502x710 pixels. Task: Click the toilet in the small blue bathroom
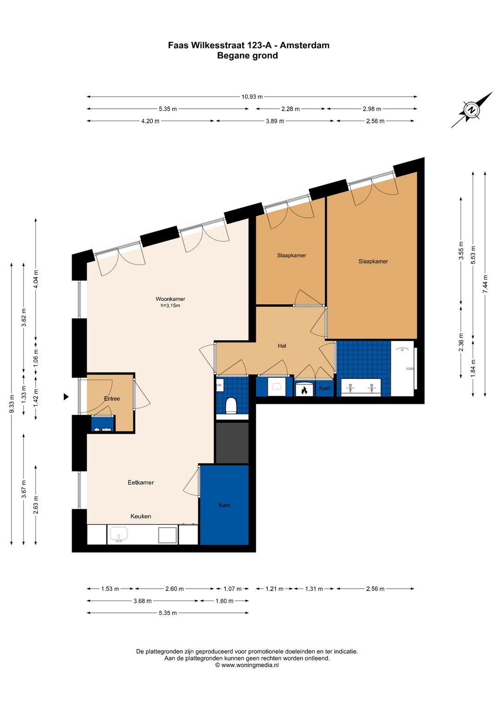pyautogui.click(x=231, y=406)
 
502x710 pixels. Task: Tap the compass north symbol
pyautogui.click(x=472, y=110)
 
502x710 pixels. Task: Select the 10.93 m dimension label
pyautogui.click(x=252, y=97)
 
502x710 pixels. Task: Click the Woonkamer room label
pyautogui.click(x=171, y=299)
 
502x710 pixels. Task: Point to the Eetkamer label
pyautogui.click(x=141, y=482)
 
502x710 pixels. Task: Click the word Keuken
pyautogui.click(x=141, y=516)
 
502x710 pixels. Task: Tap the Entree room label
pyautogui.click(x=112, y=399)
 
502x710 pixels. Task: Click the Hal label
pyautogui.click(x=282, y=346)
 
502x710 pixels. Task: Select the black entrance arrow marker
pyautogui.click(x=66, y=396)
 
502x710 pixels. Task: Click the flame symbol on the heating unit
pyautogui.click(x=304, y=390)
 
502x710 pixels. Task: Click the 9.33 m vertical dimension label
pyautogui.click(x=12, y=404)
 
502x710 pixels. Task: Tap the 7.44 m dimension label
pyautogui.click(x=485, y=284)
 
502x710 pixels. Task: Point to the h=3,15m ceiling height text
pyautogui.click(x=171, y=306)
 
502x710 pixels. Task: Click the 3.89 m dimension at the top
pyautogui.click(x=275, y=121)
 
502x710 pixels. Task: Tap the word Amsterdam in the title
pyautogui.click(x=304, y=45)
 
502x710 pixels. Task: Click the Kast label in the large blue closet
pyautogui.click(x=224, y=505)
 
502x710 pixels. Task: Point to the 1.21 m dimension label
pyautogui.click(x=274, y=589)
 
